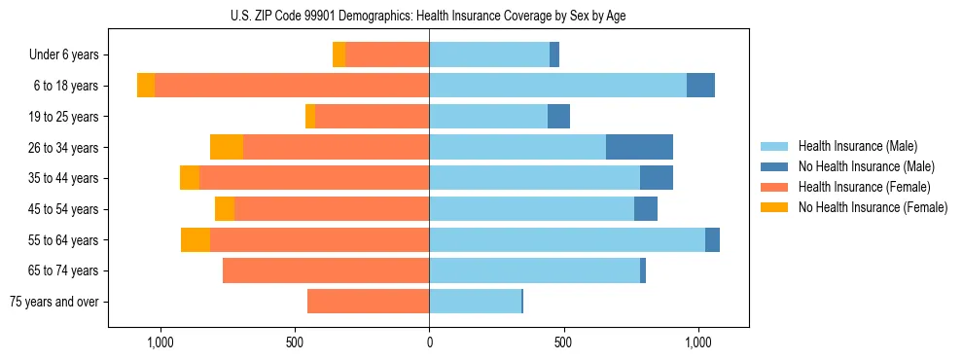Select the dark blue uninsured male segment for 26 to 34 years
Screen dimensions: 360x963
tap(639, 147)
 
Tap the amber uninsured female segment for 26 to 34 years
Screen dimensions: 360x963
tap(227, 147)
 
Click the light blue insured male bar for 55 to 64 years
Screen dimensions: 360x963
tap(567, 239)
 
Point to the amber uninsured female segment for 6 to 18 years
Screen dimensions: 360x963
tap(146, 86)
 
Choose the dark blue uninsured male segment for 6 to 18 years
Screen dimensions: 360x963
tap(700, 86)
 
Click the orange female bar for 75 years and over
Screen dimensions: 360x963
tap(369, 302)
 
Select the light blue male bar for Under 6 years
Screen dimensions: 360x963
tap(489, 54)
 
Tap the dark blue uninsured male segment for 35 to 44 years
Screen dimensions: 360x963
tap(657, 178)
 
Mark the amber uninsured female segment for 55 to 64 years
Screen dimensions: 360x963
tap(196, 239)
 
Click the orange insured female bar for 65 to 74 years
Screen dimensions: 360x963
tap(326, 270)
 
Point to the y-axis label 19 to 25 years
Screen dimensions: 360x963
tap(67, 117)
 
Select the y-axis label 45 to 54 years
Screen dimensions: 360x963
tap(67, 209)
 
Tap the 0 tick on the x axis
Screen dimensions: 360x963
tap(429, 343)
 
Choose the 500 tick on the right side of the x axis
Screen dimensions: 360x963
tap(563, 343)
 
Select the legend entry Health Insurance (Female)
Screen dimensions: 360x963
tap(864, 187)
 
